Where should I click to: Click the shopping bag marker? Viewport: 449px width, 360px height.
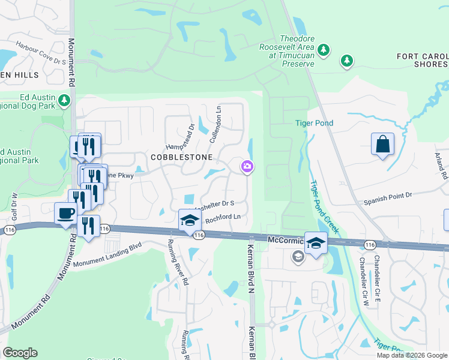382,145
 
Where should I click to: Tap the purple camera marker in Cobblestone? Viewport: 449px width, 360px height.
247,167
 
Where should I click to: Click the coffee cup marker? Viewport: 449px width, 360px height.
65,214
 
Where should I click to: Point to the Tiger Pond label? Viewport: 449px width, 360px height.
314,124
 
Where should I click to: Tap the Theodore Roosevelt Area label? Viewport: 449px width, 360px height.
287,55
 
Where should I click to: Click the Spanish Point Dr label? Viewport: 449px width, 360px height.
389,196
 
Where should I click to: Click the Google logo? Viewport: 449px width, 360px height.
20,353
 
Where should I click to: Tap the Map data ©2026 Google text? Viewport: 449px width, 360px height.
411,355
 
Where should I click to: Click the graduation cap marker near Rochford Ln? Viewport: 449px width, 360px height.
189,220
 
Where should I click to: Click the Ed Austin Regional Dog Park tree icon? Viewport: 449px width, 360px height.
63,100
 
